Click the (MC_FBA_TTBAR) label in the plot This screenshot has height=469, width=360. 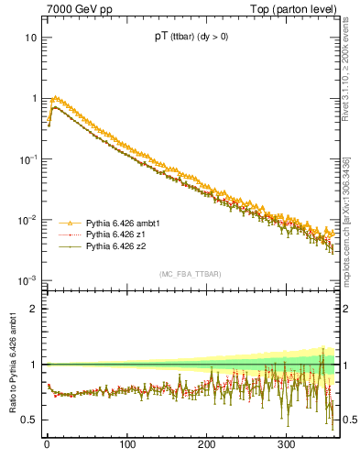click(x=187, y=275)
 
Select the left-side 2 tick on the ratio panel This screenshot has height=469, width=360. click(x=34, y=309)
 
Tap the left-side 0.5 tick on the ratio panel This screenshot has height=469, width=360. click(x=29, y=420)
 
